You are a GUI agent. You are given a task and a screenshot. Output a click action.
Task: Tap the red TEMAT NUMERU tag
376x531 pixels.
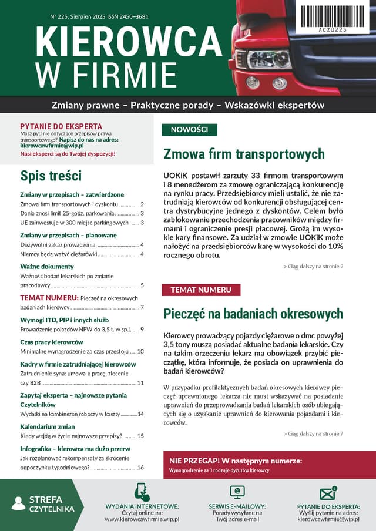pyautogui.click(x=200, y=290)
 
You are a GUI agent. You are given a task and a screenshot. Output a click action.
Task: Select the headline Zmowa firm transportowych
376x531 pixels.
pyautogui.click(x=244, y=154)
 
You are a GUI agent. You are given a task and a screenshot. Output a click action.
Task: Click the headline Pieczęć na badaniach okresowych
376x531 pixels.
pyautogui.click(x=253, y=313)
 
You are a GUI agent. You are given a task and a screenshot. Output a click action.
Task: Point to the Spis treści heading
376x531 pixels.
pyautogui.click(x=51, y=176)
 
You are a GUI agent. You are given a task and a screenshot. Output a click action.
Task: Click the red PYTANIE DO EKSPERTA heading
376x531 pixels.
pyautogui.click(x=61, y=126)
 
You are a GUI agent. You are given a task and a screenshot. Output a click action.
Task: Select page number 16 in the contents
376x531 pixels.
pyautogui.click(x=140, y=468)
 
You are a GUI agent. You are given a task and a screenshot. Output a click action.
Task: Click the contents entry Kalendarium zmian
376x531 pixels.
pyautogui.click(x=48, y=427)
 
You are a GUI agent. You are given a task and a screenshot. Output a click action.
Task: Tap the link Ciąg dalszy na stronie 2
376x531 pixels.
pyautogui.click(x=313, y=267)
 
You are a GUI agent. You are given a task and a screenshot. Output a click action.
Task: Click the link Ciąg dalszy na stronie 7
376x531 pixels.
pyautogui.click(x=313, y=433)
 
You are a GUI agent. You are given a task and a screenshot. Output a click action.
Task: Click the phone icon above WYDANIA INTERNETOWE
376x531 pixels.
pyautogui.click(x=142, y=492)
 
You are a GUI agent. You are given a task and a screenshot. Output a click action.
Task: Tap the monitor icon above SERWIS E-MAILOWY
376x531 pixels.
pyautogui.click(x=237, y=492)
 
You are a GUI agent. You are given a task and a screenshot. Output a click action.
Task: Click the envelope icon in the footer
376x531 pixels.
pyautogui.click(x=327, y=493)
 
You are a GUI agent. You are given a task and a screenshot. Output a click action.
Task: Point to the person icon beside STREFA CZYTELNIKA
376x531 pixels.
pyautogui.click(x=18, y=503)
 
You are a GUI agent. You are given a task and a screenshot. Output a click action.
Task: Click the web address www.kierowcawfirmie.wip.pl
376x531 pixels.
pyautogui.click(x=142, y=519)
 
